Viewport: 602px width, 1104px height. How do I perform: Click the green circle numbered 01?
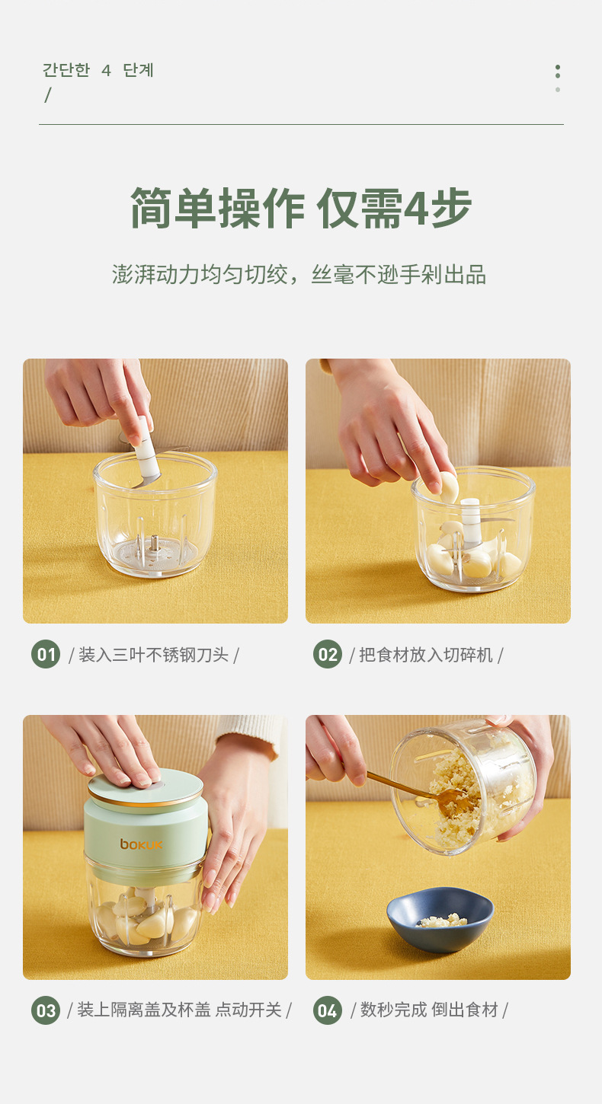pos(46,655)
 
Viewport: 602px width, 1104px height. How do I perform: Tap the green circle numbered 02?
pos(328,655)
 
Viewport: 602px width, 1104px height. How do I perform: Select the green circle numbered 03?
pos(46,1010)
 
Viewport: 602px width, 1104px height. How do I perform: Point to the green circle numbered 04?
pos(328,1010)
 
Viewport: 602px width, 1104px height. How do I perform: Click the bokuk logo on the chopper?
pos(141,844)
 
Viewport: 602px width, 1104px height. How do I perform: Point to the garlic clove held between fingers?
pos(448,487)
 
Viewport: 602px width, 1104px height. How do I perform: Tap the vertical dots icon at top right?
pos(558,78)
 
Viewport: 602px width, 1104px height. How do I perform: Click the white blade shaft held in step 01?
pos(146,448)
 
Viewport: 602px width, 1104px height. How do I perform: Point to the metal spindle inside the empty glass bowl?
pos(155,544)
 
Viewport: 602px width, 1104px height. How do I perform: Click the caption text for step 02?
pos(426,655)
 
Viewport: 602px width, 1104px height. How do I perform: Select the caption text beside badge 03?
pos(179,1010)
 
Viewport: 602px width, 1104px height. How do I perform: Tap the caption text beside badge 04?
pos(429,1010)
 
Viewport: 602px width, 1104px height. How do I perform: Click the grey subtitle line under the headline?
pos(299,275)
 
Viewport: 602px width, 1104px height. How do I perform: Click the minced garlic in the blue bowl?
pos(442,921)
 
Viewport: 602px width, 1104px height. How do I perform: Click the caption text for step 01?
pos(153,655)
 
